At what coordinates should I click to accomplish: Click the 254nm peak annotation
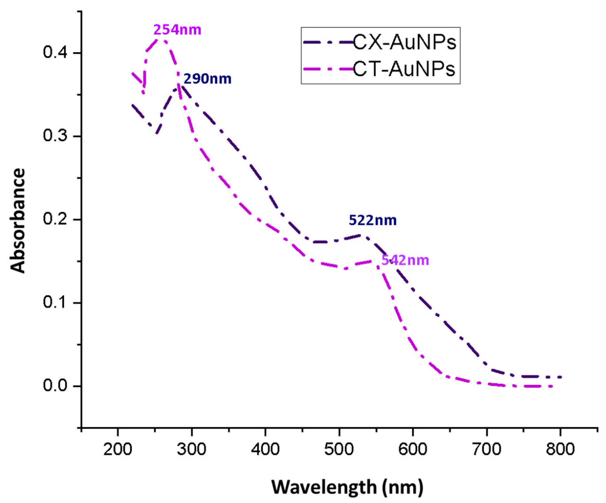(177, 30)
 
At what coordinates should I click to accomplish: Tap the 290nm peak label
(207, 79)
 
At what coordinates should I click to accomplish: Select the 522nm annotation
(372, 220)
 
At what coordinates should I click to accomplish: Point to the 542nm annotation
(405, 260)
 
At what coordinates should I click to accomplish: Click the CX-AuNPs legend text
(404, 42)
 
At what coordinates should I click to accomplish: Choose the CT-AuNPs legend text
(404, 69)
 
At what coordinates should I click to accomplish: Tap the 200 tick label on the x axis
(118, 449)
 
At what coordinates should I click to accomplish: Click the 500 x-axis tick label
(339, 449)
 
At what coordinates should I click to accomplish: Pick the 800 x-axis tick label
(560, 449)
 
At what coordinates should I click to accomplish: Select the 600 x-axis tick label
(412, 449)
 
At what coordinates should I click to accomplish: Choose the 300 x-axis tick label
(191, 449)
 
